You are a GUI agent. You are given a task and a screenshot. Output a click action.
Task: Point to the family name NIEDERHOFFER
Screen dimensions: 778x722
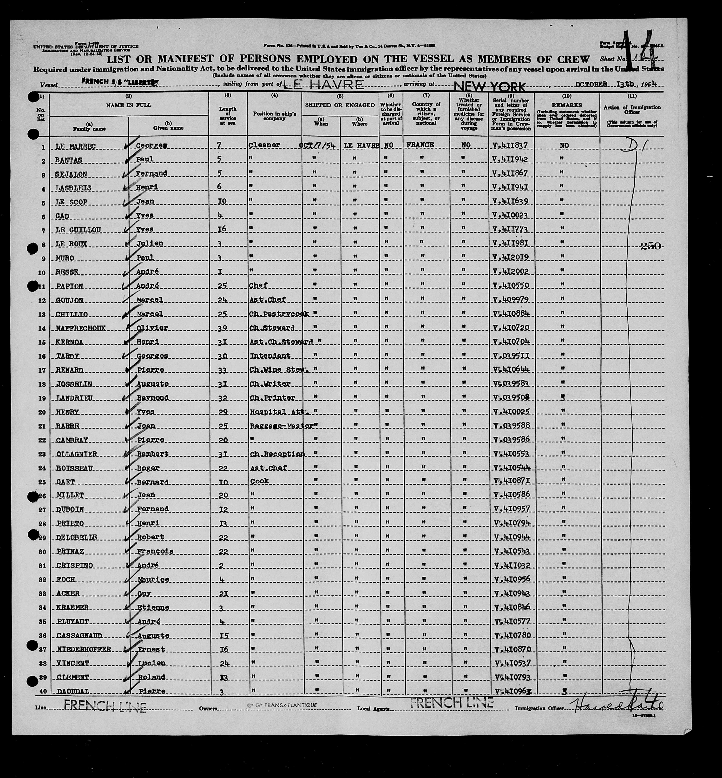[x=84, y=649]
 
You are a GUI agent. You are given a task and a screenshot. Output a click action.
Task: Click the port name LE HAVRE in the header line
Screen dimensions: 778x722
[x=323, y=84]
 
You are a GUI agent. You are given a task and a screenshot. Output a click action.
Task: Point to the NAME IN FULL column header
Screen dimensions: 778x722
[x=129, y=105]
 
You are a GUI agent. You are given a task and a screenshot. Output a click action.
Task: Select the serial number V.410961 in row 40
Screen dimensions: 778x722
[x=511, y=692]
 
